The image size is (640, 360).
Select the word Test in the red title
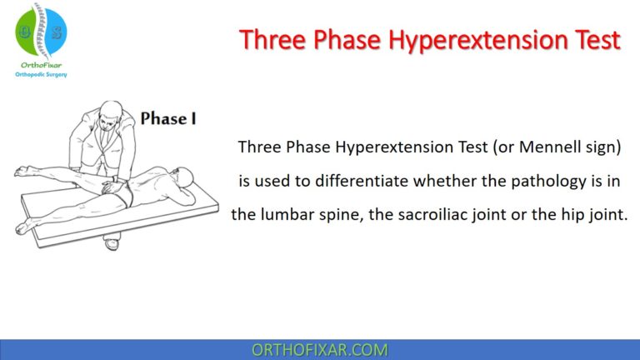pos(595,39)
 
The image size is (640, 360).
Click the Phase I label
pos(168,118)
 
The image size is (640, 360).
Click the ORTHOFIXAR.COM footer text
pos(320,350)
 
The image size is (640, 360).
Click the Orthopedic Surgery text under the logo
pos(41,75)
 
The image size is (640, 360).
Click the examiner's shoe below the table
pos(111,244)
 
